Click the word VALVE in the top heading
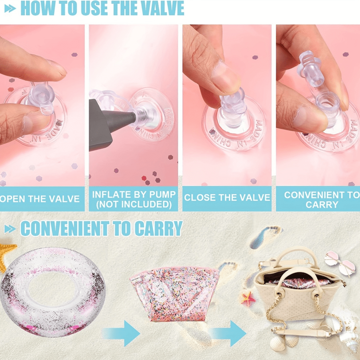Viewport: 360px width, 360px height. (x=162, y=8)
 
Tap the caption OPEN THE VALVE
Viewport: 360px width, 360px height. (x=40, y=199)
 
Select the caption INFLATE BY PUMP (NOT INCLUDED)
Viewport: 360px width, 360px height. (x=134, y=199)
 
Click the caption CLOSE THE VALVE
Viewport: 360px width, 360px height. (x=227, y=197)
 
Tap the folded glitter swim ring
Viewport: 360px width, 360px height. (x=175, y=294)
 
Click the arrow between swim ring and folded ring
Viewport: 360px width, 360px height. (x=121, y=333)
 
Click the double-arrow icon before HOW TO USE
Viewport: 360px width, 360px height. (x=10, y=9)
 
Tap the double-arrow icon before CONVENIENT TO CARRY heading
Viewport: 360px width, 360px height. (x=10, y=229)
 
